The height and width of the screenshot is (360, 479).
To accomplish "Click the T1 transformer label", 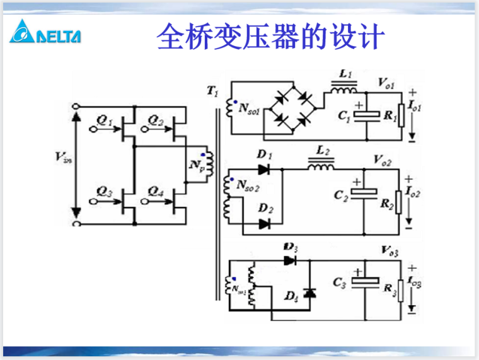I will point(212,92).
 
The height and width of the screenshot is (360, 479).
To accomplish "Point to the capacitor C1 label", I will point(344,116).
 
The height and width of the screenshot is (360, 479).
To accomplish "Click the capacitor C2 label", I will point(341,196).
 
